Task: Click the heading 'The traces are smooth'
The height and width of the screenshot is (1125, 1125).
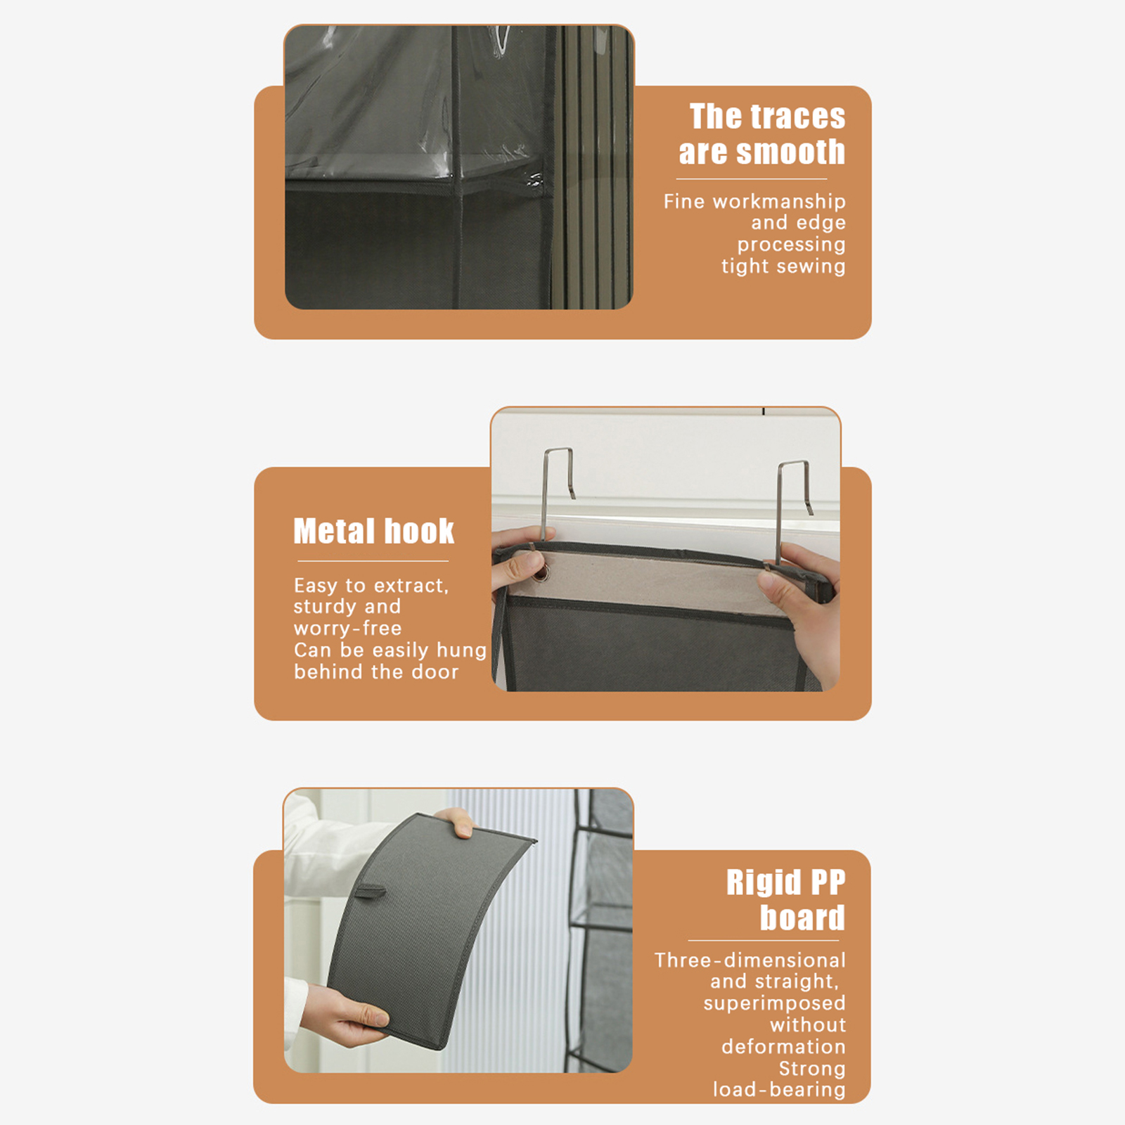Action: pos(762,134)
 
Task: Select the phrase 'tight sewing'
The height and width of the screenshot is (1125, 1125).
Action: pos(783,266)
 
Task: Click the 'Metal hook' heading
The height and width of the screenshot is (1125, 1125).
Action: pos(374,531)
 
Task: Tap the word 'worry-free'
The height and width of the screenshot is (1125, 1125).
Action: pos(347,629)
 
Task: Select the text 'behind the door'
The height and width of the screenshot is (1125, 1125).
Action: pos(376,671)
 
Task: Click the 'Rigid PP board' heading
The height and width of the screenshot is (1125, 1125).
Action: pos(786,900)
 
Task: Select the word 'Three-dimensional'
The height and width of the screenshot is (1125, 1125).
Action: pos(750,960)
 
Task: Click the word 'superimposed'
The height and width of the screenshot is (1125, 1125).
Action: pos(775,1003)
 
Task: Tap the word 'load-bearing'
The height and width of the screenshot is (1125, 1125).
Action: pos(779,1089)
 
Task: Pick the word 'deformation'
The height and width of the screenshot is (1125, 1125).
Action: pos(783,1046)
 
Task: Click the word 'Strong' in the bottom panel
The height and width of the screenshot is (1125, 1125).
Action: pos(812,1069)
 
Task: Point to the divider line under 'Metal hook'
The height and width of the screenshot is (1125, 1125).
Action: pos(373,561)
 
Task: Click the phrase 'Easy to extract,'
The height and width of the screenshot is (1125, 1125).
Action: pos(371,586)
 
